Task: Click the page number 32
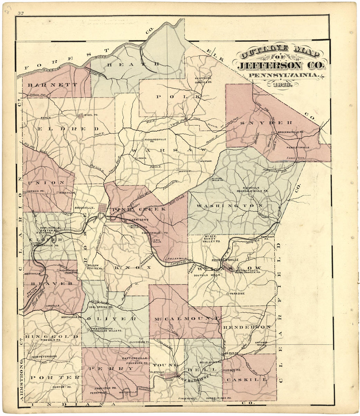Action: [21, 13]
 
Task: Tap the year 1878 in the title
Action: [281, 84]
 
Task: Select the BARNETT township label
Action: [53, 85]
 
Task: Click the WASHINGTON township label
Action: [229, 206]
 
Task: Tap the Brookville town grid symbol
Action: [102, 207]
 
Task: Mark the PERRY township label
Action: [111, 369]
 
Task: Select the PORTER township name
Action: [55, 377]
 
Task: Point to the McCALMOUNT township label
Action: [185, 318]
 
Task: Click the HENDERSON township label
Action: [247, 327]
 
